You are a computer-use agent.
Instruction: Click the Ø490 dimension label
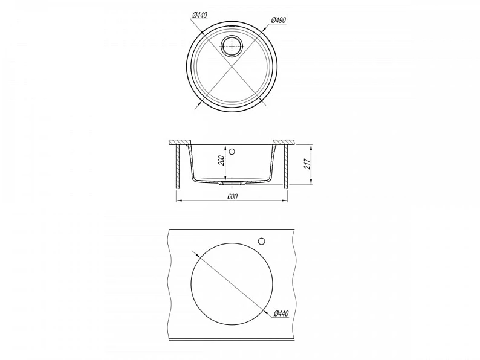279,20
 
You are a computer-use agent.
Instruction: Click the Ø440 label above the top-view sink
200,15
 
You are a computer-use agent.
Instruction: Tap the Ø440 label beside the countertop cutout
281,313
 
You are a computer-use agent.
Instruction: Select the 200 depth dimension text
222,160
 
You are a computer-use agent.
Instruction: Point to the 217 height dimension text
307,164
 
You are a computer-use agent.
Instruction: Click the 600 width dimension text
232,196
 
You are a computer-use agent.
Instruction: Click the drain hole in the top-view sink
232,46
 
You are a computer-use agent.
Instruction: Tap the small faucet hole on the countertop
261,242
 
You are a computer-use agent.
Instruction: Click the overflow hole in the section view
232,151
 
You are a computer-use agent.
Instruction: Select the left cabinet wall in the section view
178,167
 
